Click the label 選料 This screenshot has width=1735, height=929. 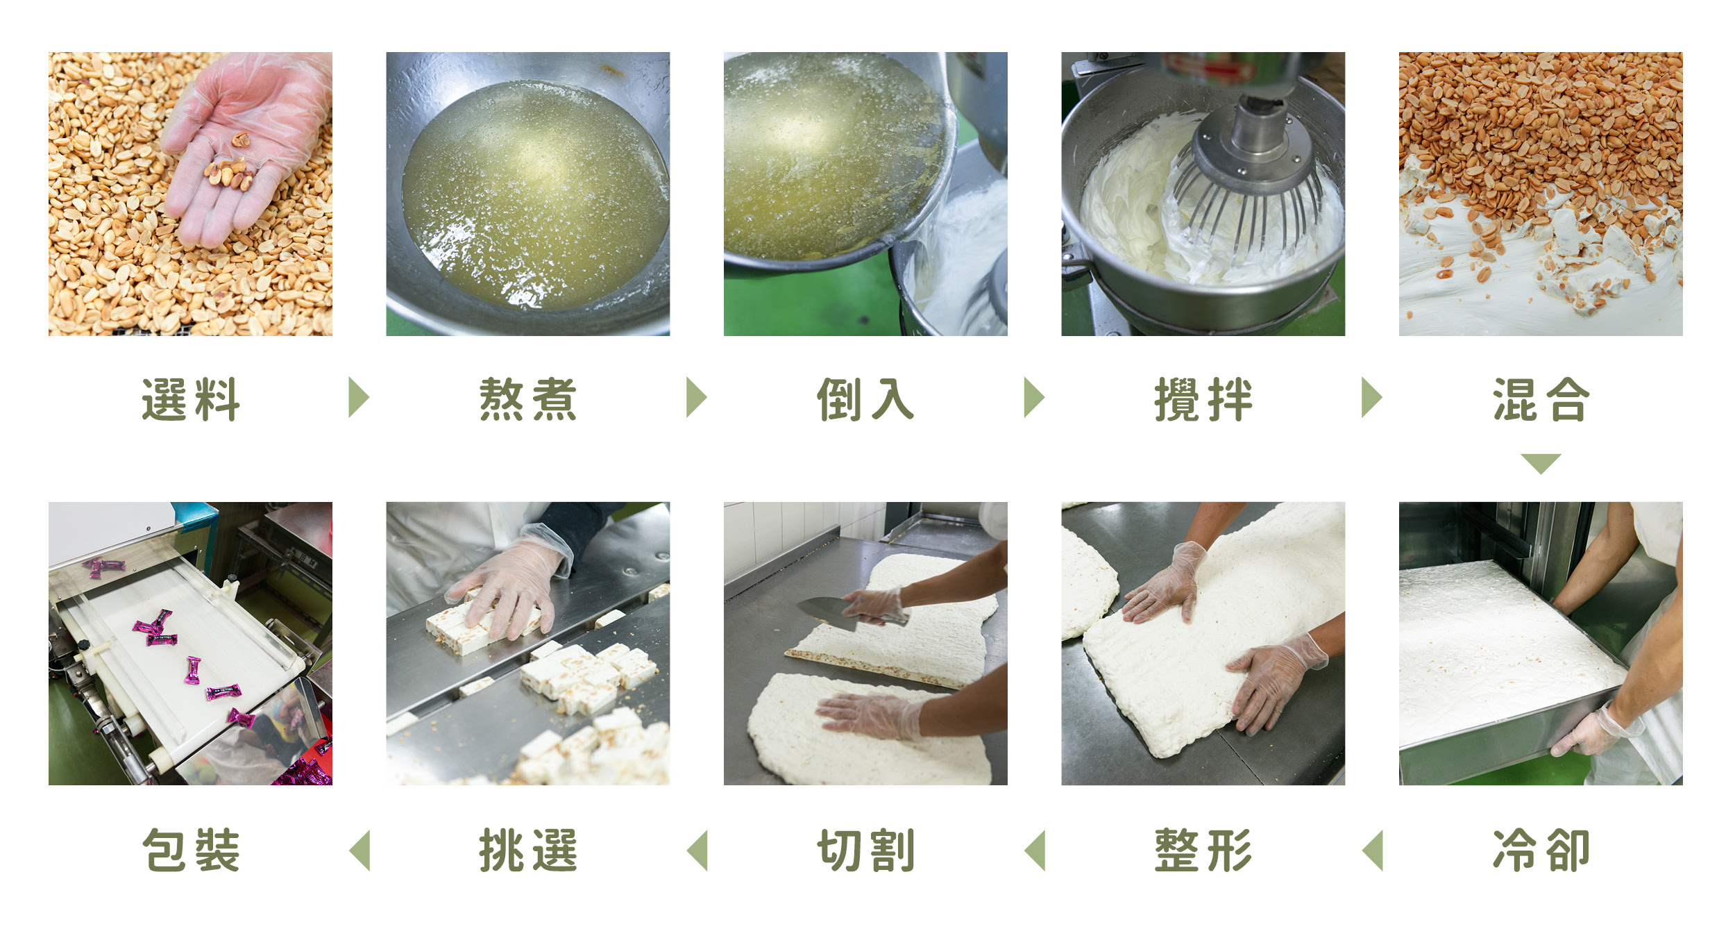click(x=191, y=399)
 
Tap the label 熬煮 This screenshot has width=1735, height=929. click(x=528, y=399)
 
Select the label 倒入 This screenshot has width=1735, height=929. click(x=865, y=399)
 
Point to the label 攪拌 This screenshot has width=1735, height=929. click(x=1203, y=399)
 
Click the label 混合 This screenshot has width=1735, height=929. click(x=1541, y=399)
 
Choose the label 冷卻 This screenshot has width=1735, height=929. click(x=1541, y=850)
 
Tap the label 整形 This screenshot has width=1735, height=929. click(x=1203, y=850)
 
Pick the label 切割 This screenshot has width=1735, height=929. click(x=865, y=850)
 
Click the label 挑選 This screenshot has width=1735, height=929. click(x=528, y=850)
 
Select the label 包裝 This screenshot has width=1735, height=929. click(x=191, y=850)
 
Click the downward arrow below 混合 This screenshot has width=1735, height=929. click(x=1541, y=463)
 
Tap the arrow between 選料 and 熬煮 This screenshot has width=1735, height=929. click(x=358, y=398)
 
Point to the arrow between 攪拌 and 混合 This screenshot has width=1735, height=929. click(x=1371, y=398)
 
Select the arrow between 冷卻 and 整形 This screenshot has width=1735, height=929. click(x=1373, y=850)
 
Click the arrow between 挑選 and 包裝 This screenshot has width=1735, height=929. click(x=359, y=850)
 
